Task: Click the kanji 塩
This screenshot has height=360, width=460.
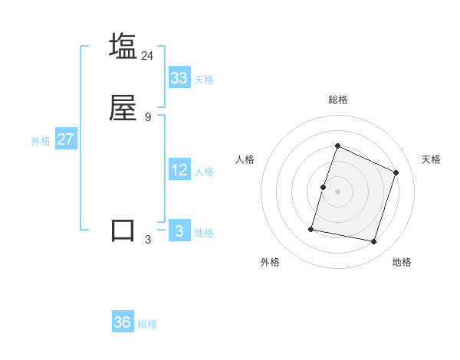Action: (123, 46)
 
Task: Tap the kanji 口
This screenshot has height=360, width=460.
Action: (123, 231)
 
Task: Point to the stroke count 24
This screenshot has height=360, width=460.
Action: (148, 55)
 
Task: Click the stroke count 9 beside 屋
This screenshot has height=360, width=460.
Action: (148, 116)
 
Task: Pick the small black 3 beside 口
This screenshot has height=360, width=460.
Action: (148, 240)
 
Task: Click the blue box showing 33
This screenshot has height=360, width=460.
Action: (179, 77)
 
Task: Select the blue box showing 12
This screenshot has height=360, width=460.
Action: (179, 170)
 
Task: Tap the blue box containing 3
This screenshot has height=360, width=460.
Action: (179, 231)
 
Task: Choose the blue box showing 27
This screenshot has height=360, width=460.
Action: (66, 139)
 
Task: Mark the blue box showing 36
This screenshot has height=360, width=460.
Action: (123, 322)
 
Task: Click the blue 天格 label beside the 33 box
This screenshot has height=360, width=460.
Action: (204, 79)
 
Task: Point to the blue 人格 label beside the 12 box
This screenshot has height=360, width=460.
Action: (204, 172)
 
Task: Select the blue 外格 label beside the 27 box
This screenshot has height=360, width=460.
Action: (41, 141)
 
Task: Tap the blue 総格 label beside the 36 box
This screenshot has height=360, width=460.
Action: (147, 324)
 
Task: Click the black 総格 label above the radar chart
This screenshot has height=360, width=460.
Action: (337, 100)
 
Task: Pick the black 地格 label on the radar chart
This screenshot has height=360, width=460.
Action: (402, 262)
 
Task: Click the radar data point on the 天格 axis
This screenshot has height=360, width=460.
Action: (396, 172)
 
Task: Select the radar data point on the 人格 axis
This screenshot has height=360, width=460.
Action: (323, 187)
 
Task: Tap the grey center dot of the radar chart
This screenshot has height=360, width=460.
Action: (337, 191)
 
